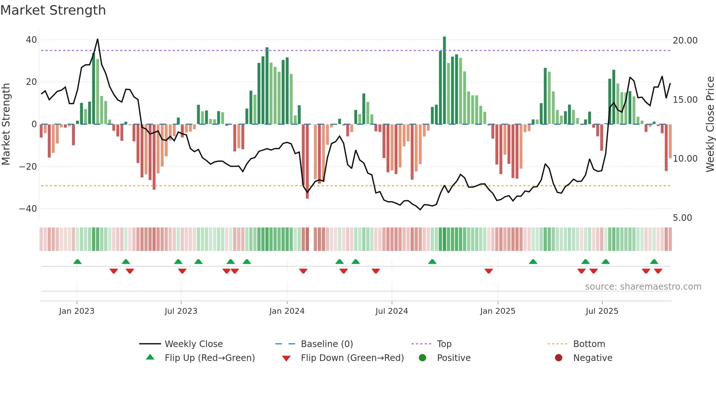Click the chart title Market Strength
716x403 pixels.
point(53,10)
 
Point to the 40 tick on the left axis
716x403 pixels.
point(31,39)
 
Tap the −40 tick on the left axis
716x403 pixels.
point(28,209)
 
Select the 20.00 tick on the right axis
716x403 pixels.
point(685,41)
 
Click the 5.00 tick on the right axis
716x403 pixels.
point(682,218)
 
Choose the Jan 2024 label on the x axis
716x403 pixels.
point(287,311)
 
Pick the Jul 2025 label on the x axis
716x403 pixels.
point(602,311)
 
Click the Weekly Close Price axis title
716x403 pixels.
point(710,124)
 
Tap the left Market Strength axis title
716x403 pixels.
point(6,124)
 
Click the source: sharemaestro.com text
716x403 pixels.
point(643,287)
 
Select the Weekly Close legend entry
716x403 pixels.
point(194,344)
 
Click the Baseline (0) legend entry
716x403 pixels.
point(327,344)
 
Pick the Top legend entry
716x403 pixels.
point(444,344)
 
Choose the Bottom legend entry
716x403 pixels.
point(589,344)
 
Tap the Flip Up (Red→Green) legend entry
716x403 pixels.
point(210,358)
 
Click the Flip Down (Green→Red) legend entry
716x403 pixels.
point(352,358)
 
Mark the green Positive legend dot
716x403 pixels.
point(423,358)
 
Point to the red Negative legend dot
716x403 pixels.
point(559,358)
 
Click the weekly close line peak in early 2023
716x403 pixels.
point(98,39)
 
